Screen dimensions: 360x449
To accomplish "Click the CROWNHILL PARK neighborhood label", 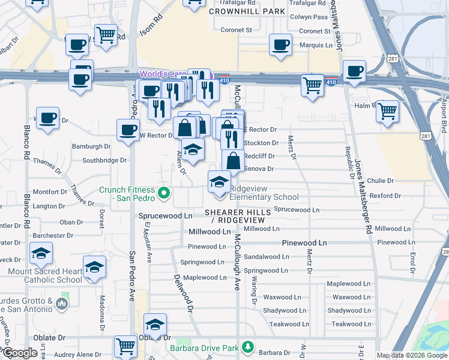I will [x=247, y=11].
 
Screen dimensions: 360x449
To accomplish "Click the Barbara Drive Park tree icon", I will [x=247, y=347].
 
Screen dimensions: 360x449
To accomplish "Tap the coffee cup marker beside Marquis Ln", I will [x=280, y=44].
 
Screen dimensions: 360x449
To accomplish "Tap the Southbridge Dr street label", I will [x=104, y=160].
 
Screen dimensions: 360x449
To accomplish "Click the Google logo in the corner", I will [x=20, y=353].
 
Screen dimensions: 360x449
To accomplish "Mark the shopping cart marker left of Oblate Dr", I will [x=125, y=346].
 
